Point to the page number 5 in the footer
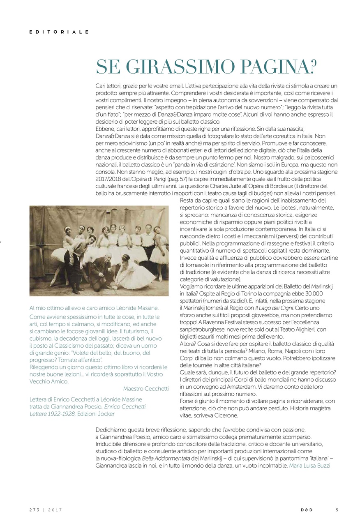coord(337,510)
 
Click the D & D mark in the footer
coord(306,510)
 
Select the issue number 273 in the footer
coord(34,510)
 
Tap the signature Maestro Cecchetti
coord(146,388)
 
